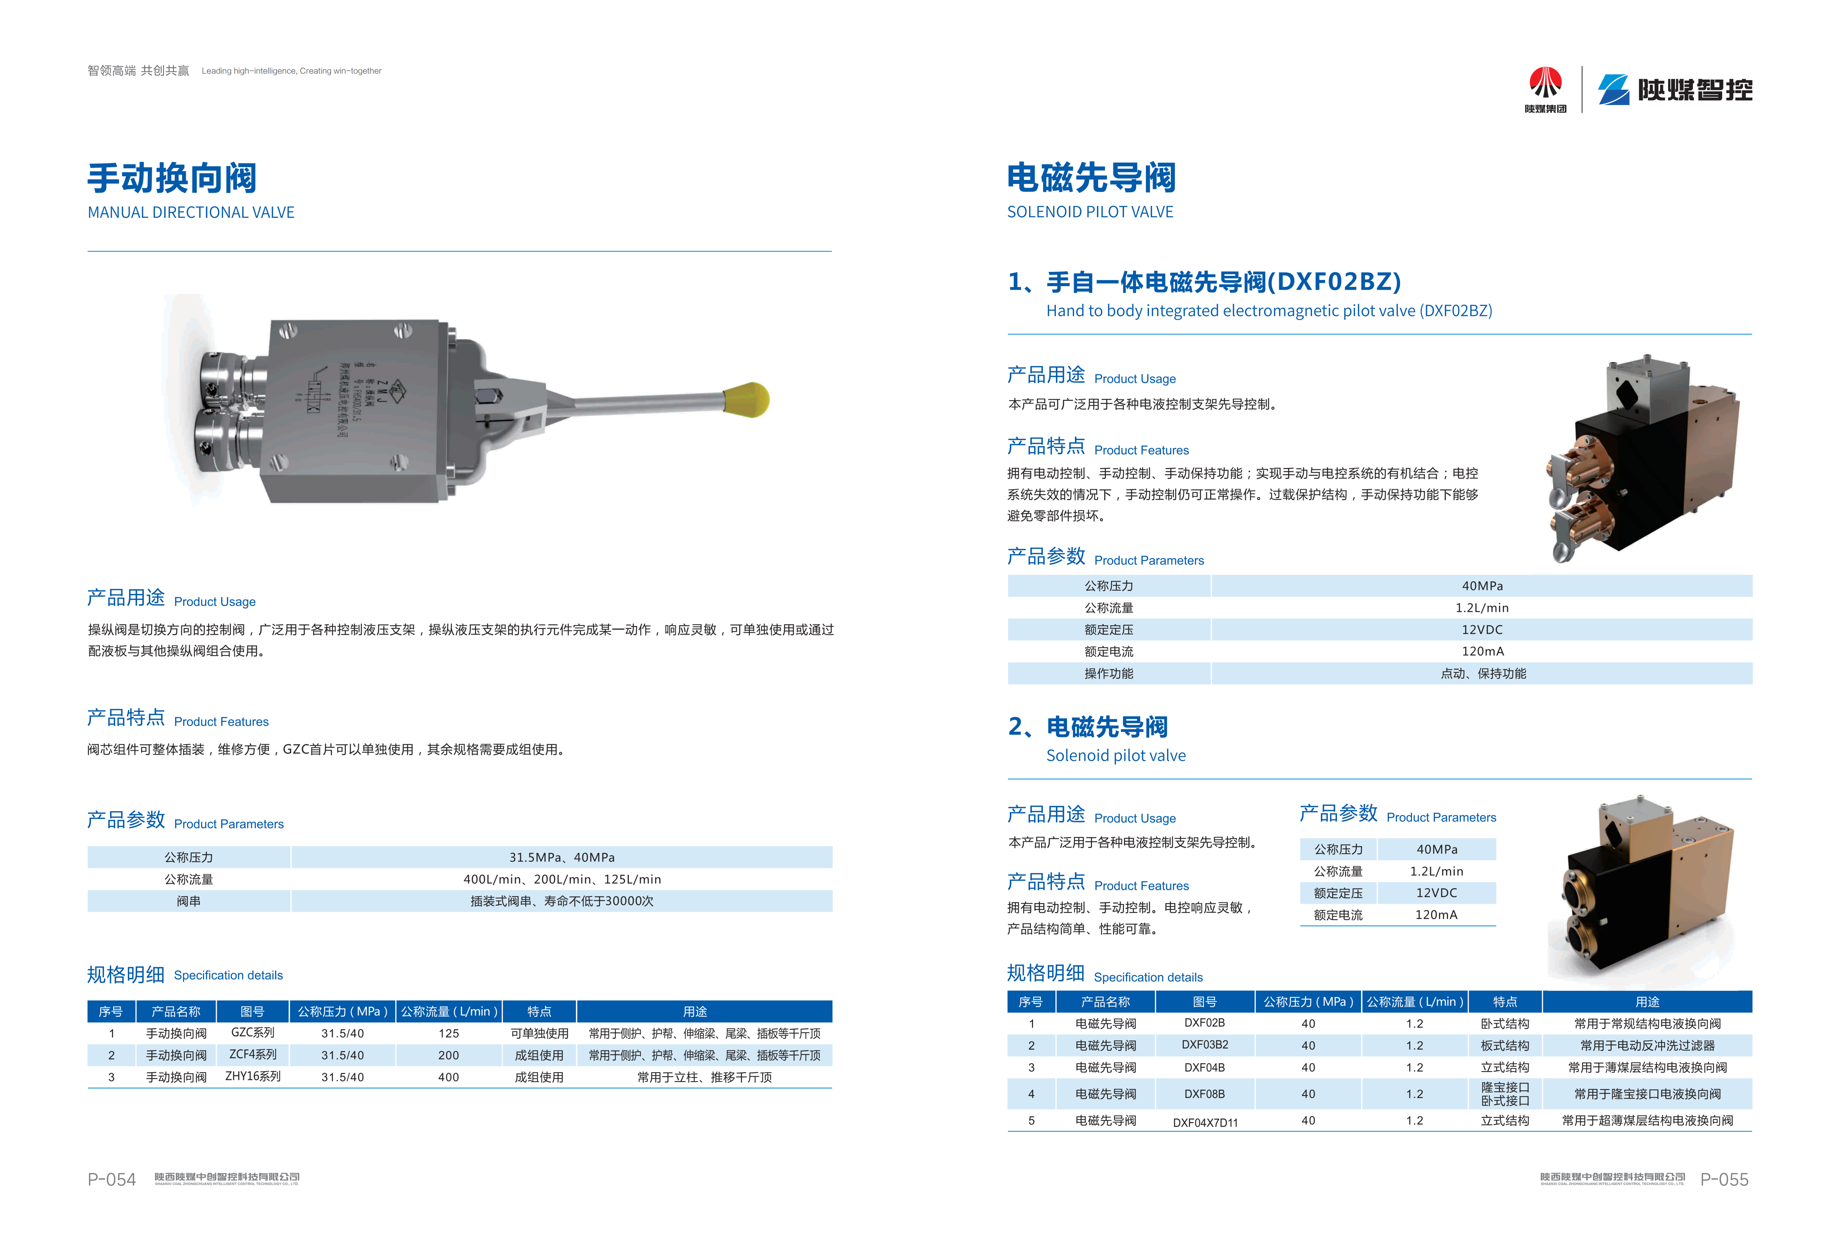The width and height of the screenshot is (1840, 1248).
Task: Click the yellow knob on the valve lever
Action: coord(747,400)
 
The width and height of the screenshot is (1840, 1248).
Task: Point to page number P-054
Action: coord(112,1179)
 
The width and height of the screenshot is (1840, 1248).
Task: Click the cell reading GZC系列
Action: coord(253,1033)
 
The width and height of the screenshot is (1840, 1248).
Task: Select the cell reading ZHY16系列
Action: coord(253,1076)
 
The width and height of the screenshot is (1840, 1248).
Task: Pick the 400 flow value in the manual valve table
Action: coord(448,1077)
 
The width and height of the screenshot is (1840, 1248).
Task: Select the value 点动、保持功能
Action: coord(1482,674)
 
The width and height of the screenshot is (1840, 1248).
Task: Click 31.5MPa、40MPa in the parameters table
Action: coord(561,857)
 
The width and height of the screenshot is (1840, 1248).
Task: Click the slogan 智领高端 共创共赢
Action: coord(139,70)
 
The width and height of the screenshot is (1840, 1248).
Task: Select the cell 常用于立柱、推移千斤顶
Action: coord(704,1077)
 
